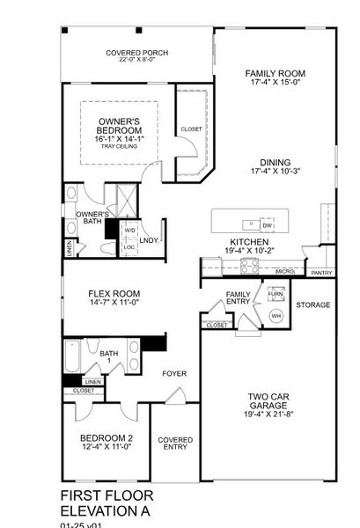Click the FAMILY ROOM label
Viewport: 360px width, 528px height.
[x=275, y=74]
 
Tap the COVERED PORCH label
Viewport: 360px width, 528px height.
[x=136, y=53]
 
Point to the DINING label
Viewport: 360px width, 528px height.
[x=275, y=162]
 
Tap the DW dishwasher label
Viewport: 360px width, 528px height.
[x=266, y=225]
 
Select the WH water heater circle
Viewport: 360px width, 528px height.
[x=276, y=315]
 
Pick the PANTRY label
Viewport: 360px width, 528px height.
[x=321, y=273]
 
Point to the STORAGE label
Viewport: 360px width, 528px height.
[x=312, y=305]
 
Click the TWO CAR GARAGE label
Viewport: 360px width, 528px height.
[x=268, y=401]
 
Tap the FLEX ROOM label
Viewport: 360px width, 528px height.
[x=114, y=294]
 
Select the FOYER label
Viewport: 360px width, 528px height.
[x=175, y=373]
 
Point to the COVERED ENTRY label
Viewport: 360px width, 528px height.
[x=175, y=444]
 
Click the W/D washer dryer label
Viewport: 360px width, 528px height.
[x=129, y=231]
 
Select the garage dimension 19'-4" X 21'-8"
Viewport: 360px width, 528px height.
[x=268, y=414]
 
